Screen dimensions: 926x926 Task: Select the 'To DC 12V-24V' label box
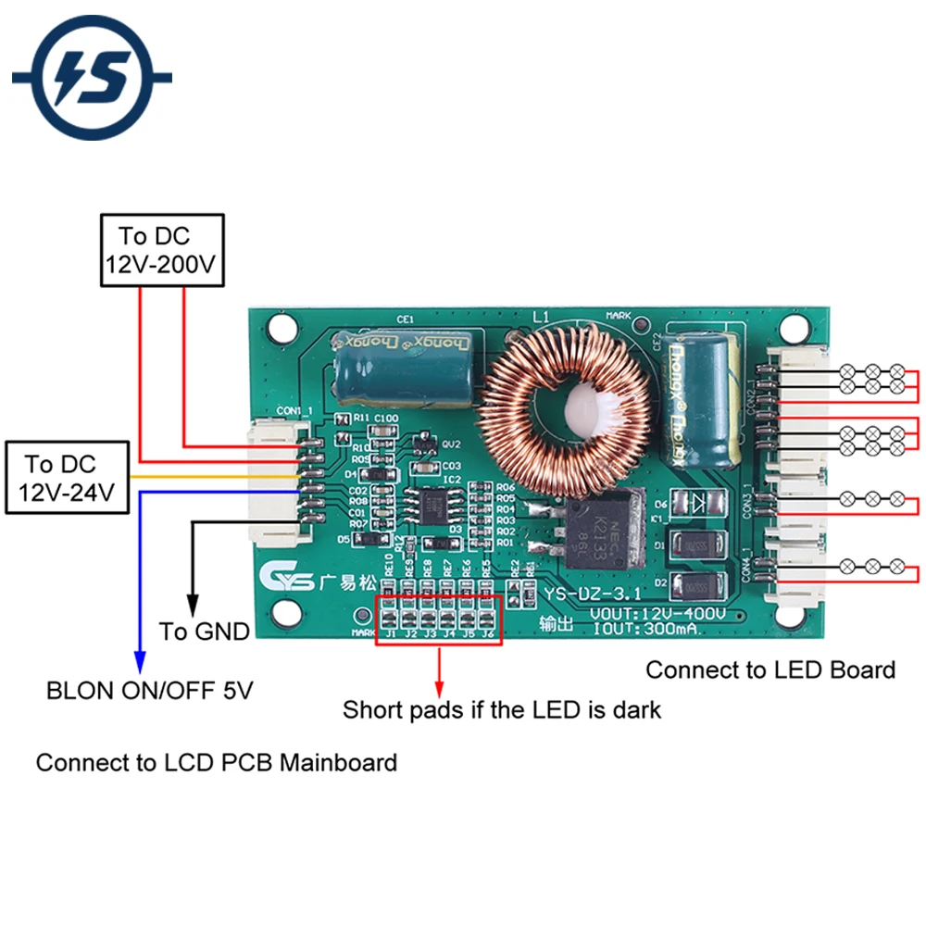[x=66, y=479]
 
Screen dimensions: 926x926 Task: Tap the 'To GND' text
[x=204, y=632]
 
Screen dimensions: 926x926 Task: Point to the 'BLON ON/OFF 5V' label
[x=150, y=691]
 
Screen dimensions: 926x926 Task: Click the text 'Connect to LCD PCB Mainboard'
[x=217, y=763]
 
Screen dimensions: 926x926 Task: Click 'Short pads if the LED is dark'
[x=502, y=710]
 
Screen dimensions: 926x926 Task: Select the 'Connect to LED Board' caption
[x=770, y=669]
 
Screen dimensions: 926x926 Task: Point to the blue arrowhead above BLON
[x=139, y=662]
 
